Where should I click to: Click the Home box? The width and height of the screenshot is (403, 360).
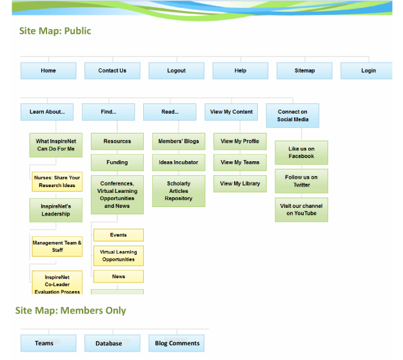48,71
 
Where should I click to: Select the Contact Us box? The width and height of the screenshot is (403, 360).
112,71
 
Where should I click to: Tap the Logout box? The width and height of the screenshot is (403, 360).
176,71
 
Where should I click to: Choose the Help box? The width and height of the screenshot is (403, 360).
240,71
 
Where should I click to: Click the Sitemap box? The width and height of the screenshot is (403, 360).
304,71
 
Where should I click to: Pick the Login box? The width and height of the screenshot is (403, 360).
368,71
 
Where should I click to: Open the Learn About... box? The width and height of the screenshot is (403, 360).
46,112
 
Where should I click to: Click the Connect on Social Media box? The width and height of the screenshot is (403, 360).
293,115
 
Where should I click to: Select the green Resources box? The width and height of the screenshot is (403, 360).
117,141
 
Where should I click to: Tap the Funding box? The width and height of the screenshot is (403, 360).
117,163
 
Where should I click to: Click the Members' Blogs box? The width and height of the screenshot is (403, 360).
179,141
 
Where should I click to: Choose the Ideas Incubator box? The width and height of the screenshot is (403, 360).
179,163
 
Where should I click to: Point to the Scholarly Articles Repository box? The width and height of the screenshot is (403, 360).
179,191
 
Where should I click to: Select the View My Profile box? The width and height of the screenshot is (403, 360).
240,141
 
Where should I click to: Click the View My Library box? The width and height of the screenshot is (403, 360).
240,184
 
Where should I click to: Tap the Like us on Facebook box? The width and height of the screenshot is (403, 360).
301,152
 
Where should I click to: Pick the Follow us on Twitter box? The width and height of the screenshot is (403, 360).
301,181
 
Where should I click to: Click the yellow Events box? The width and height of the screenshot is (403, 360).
118,235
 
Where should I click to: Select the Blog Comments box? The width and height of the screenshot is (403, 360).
177,343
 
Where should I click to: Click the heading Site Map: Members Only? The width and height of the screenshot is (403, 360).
71,311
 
